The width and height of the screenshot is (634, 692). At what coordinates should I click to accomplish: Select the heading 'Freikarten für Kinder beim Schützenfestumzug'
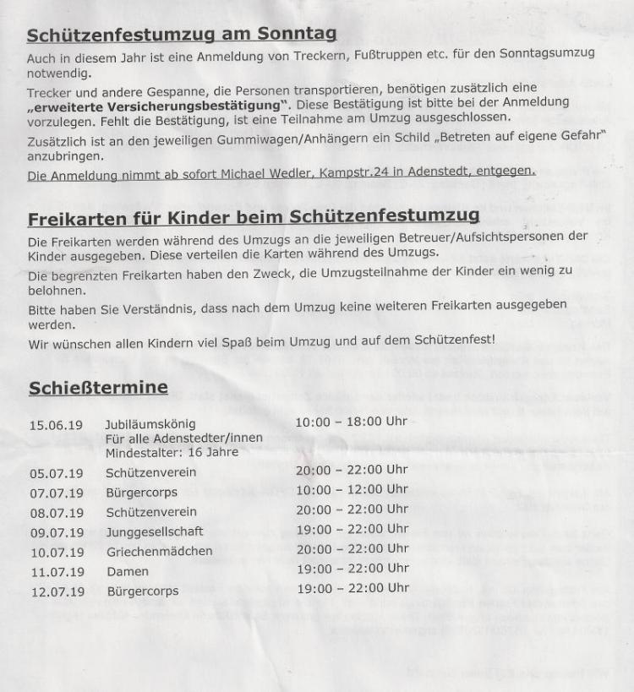click(x=254, y=219)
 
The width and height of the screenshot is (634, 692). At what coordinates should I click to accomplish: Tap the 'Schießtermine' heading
click(x=98, y=388)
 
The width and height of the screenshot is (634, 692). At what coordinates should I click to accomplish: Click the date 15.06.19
click(x=56, y=424)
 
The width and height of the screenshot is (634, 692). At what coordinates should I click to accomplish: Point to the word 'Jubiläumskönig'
click(x=150, y=424)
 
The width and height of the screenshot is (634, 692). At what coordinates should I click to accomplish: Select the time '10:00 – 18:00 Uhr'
click(x=352, y=421)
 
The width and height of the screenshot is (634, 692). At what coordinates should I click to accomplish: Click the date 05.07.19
click(x=56, y=472)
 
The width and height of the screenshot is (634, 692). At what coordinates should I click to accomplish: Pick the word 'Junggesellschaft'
click(x=155, y=531)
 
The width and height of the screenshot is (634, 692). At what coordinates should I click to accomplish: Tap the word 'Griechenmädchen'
click(x=159, y=551)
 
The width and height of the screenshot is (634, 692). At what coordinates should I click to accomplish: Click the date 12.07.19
click(x=56, y=591)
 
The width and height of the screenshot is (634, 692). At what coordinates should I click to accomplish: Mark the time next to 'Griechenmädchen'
click(x=353, y=548)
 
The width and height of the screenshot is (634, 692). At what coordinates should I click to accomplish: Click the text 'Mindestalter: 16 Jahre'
click(x=172, y=452)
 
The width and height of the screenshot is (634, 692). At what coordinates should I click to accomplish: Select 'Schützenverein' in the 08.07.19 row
click(x=151, y=512)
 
